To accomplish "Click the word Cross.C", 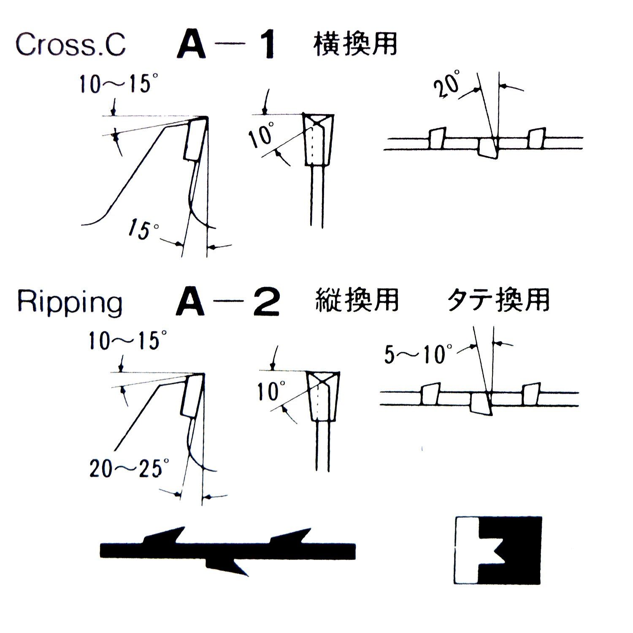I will coord(70,44).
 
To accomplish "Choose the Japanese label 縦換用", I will coord(357,301).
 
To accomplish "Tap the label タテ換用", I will coord(498,301).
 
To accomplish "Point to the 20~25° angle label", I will coord(130,468).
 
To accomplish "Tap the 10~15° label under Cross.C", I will coord(115,84).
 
